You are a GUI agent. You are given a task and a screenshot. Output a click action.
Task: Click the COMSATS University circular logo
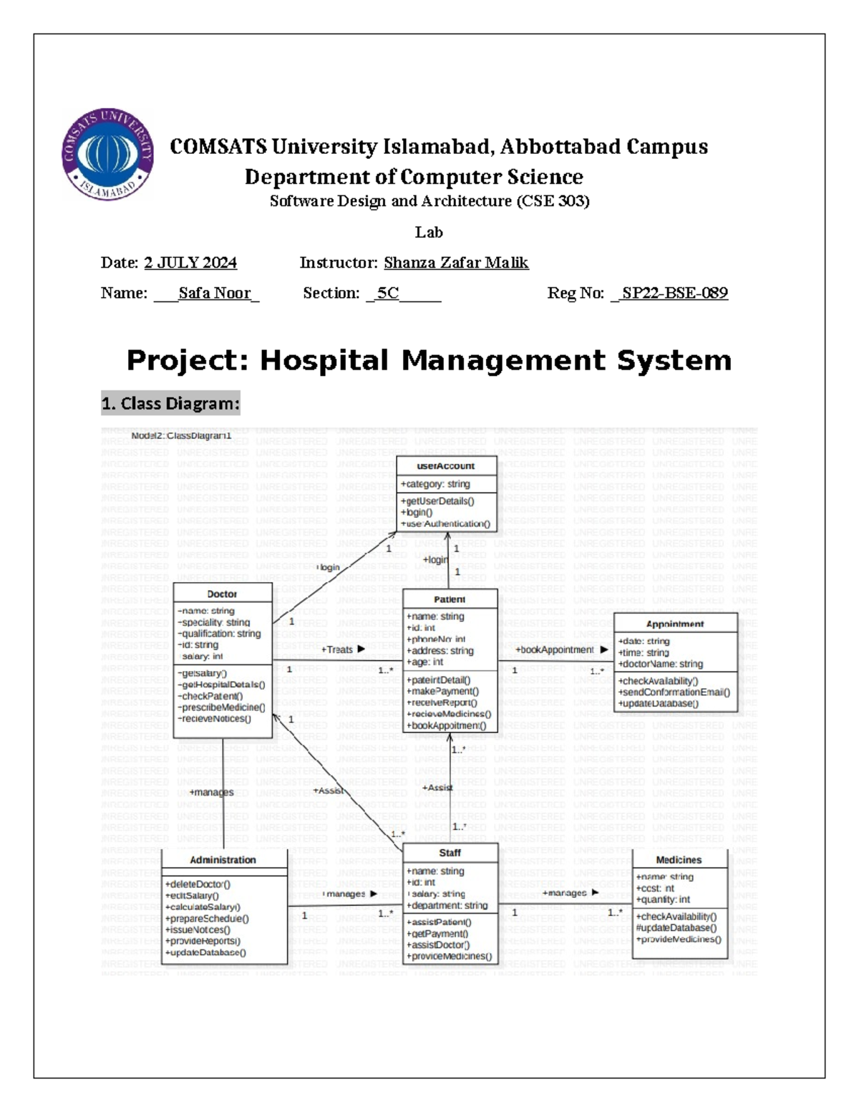107,155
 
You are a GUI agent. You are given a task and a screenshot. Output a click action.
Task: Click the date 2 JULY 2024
190,263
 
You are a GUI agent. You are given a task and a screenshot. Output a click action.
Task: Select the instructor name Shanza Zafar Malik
456,263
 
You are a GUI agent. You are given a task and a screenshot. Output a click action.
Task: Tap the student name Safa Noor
215,293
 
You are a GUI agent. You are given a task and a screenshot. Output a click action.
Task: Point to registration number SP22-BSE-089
674,293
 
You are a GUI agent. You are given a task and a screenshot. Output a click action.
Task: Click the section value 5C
388,293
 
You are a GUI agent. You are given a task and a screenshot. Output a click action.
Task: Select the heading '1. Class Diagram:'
170,404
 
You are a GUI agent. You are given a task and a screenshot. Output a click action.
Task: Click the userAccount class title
446,466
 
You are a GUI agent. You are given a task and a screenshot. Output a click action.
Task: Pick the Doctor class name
222,594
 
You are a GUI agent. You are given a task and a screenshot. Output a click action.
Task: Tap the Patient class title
450,599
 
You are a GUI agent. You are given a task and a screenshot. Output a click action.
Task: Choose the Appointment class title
675,624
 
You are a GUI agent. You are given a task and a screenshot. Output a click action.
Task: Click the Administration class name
223,860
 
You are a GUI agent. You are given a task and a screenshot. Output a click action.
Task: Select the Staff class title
450,853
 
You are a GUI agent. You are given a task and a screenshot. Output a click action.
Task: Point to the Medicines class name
679,860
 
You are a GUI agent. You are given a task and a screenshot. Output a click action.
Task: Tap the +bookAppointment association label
556,649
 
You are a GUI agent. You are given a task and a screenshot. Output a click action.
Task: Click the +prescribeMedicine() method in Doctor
222,707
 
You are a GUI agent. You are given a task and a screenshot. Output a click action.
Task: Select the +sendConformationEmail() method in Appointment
674,692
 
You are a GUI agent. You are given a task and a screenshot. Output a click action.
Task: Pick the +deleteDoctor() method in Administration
198,884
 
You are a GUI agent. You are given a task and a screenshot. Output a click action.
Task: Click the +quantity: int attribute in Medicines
664,900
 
